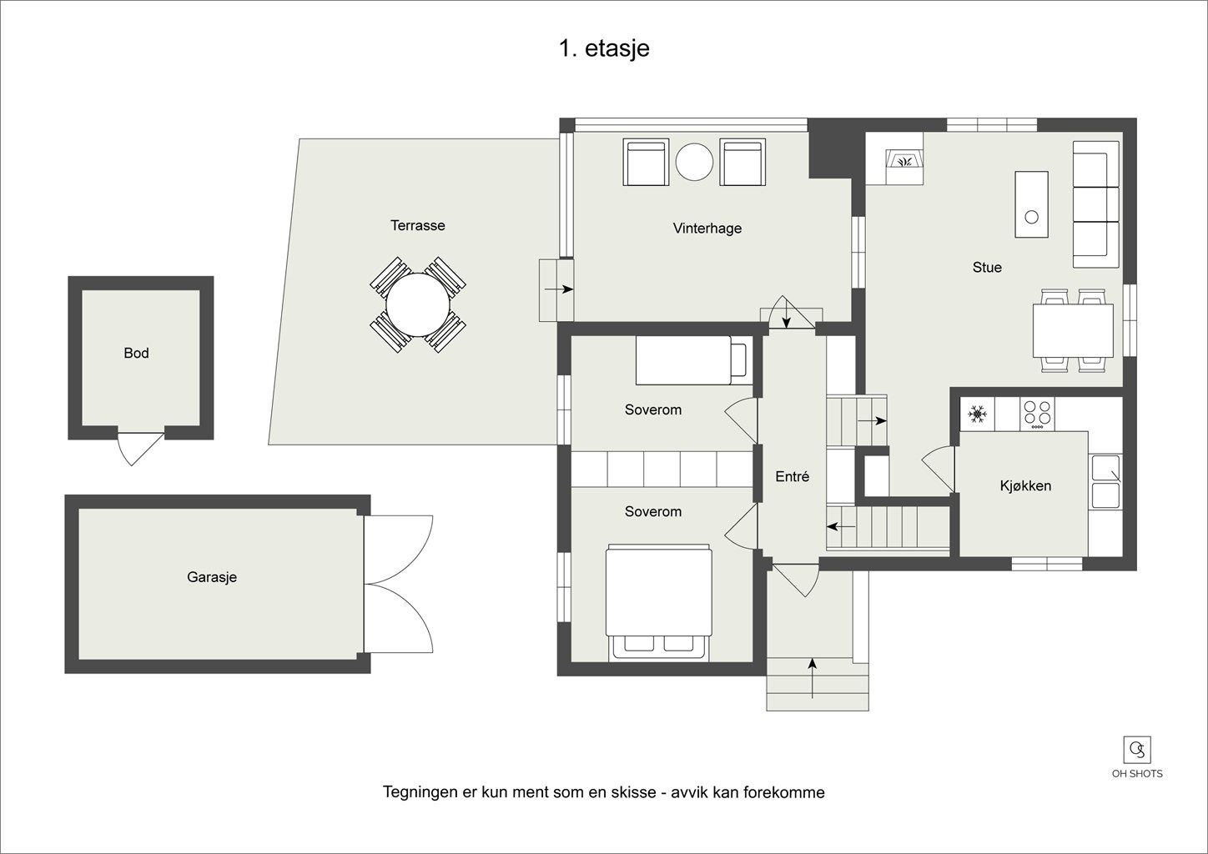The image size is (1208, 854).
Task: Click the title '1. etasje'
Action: pyautogui.click(x=604, y=48)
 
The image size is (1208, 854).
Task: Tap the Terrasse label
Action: pyautogui.click(x=418, y=225)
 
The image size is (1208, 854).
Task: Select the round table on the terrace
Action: pyautogui.click(x=418, y=304)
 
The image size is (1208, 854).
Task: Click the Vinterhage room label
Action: pyautogui.click(x=707, y=229)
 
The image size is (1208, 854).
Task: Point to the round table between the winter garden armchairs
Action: pyautogui.click(x=695, y=161)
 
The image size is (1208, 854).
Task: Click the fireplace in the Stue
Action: pyautogui.click(x=904, y=160)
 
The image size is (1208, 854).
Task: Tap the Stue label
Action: pyautogui.click(x=987, y=268)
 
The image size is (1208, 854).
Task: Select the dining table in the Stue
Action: pyautogui.click(x=1073, y=330)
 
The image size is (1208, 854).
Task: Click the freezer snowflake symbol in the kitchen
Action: pyautogui.click(x=977, y=414)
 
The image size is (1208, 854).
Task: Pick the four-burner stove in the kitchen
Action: pyautogui.click(x=1037, y=414)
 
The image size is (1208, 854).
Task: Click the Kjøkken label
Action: pyautogui.click(x=1025, y=485)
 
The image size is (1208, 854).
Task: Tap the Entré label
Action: pyautogui.click(x=793, y=476)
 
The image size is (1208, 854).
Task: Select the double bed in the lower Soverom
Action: pyautogui.click(x=658, y=602)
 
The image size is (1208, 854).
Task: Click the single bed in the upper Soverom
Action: pyautogui.click(x=693, y=360)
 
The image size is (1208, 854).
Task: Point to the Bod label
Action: pyautogui.click(x=136, y=353)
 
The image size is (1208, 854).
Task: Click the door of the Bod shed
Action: pyautogui.click(x=139, y=449)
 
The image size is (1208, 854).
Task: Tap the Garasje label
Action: pyautogui.click(x=212, y=577)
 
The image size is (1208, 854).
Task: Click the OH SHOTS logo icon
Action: pyautogui.click(x=1137, y=750)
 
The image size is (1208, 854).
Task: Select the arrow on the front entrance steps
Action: pyautogui.click(x=813, y=678)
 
